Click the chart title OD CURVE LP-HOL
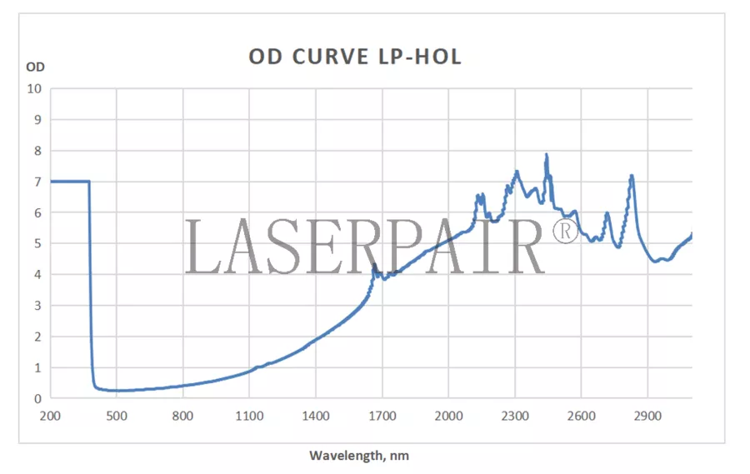point(355,57)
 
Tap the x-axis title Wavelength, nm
point(359,456)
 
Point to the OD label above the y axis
point(35,67)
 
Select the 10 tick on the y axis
point(34,88)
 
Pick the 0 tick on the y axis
point(37,399)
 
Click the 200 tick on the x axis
point(50,416)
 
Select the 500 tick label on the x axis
point(116,416)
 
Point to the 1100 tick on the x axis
point(249,416)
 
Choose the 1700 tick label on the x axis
point(382,416)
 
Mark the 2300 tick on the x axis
point(515,416)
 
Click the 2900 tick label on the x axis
point(647,416)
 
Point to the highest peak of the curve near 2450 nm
point(546,155)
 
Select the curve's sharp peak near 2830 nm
point(632,176)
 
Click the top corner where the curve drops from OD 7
point(89,182)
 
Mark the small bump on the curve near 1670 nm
point(374,266)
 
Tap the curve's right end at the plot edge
point(692,235)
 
